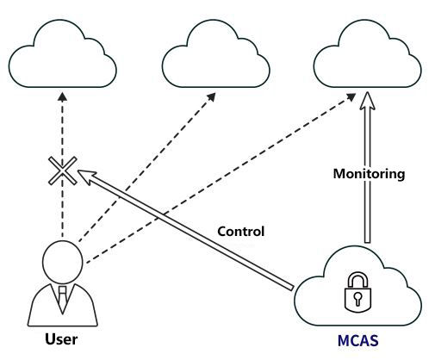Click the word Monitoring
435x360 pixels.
[369, 174]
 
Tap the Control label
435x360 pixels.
[240, 232]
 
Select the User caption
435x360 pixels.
[61, 339]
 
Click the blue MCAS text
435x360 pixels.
[357, 341]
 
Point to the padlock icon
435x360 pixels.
[357, 293]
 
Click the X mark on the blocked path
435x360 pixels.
[63, 171]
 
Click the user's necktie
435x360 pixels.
[62, 299]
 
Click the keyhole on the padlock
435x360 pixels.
[357, 299]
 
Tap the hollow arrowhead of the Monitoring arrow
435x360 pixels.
[368, 101]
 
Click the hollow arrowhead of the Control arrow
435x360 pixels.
[86, 176]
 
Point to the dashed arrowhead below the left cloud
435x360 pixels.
[62, 96]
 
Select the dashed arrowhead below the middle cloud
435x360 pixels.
[212, 97]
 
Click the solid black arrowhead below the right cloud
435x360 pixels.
[351, 97]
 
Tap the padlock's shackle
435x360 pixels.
[357, 274]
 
